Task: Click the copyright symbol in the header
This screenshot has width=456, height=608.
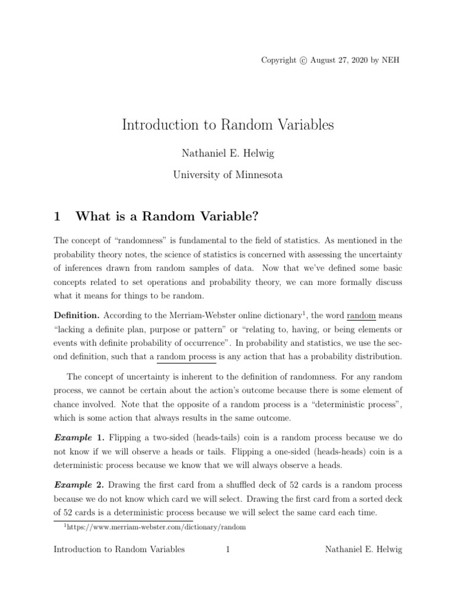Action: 304,61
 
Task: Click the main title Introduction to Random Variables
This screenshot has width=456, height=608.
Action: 228,125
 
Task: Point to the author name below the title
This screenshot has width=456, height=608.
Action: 228,153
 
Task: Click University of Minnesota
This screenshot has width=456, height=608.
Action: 228,175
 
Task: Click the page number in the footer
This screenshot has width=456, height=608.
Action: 228,550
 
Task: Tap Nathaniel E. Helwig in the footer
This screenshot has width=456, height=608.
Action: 364,550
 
